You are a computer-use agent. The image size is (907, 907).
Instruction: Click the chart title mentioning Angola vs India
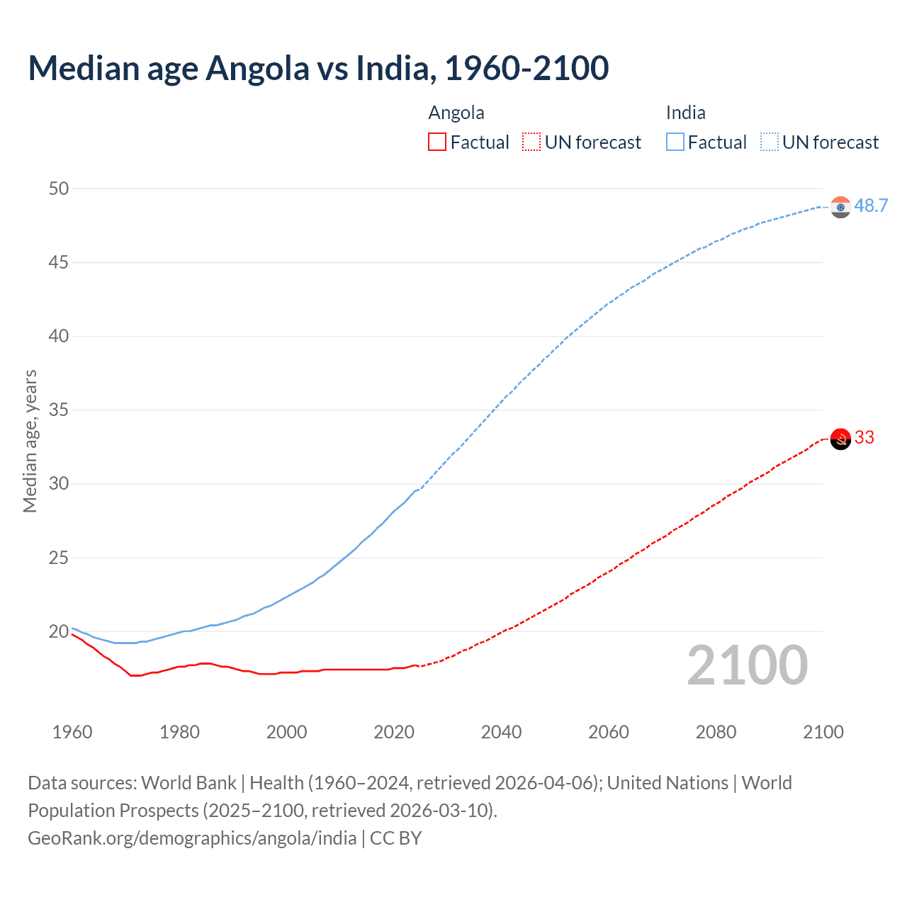(318, 68)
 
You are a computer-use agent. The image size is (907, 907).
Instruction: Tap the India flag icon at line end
(840, 207)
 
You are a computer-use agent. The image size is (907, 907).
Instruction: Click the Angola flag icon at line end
(840, 439)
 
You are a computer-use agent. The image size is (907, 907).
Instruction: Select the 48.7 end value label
(871, 206)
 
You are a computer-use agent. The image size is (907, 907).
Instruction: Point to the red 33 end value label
(864, 437)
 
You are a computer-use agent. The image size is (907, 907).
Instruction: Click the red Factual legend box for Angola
(437, 142)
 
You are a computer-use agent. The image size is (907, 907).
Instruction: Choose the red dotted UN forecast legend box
(531, 142)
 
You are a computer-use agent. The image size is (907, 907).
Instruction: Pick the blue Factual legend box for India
(675, 142)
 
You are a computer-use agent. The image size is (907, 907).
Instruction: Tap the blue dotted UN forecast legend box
(770, 142)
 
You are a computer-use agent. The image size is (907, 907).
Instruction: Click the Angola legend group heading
(456, 113)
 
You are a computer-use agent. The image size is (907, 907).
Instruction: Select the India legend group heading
(685, 113)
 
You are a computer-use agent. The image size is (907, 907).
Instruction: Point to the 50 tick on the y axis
(59, 188)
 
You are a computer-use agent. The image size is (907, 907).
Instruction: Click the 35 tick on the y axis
(59, 410)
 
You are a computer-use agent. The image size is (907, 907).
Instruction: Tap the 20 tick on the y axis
(59, 631)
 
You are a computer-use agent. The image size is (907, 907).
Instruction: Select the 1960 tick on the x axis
(72, 732)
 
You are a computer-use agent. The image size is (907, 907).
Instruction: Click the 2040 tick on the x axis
(501, 732)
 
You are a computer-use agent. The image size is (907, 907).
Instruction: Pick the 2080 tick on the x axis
(716, 732)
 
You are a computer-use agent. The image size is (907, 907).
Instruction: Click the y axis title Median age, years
(30, 441)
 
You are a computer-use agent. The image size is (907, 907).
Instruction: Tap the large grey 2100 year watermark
(747, 665)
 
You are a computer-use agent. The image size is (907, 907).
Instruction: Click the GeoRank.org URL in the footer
(192, 838)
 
